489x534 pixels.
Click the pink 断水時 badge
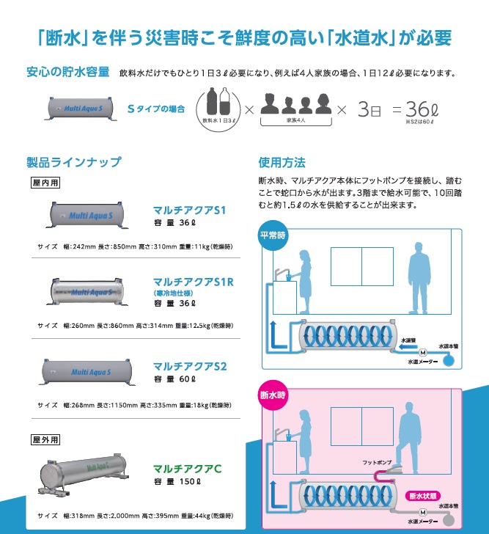tap(275, 397)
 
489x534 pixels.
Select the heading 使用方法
tap(282, 162)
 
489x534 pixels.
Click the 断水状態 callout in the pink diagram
tap(424, 494)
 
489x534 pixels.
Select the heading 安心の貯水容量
tap(67, 73)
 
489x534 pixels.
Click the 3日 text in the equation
tap(370, 110)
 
